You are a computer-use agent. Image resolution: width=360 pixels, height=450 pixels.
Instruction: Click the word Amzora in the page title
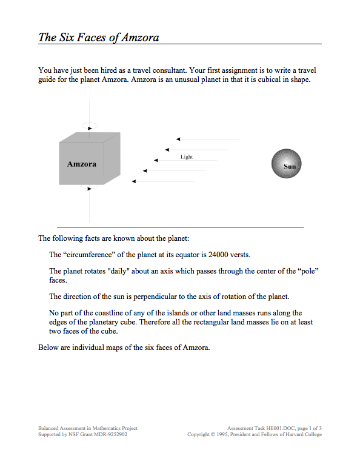point(140,38)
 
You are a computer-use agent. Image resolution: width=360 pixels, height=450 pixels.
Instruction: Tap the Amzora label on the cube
point(82,164)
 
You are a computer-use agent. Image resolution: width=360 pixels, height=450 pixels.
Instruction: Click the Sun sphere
point(286,163)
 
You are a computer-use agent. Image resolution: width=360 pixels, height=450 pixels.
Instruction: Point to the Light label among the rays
point(187,156)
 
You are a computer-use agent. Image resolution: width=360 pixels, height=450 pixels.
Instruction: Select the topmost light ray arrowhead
point(178,139)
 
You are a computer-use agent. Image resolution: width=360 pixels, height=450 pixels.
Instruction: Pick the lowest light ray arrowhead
point(134,181)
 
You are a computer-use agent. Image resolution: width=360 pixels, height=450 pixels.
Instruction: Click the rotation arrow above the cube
point(90,129)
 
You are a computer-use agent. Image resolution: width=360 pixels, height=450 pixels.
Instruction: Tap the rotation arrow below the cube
point(90,189)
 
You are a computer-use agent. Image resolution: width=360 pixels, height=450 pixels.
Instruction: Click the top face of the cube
point(90,138)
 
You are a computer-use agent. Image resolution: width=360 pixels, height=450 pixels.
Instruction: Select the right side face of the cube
point(112,158)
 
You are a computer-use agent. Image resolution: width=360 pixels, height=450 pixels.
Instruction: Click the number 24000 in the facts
point(218,255)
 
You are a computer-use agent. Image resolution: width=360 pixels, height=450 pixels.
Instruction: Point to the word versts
point(241,255)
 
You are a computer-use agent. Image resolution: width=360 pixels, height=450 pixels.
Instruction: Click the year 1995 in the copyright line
point(222,434)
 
